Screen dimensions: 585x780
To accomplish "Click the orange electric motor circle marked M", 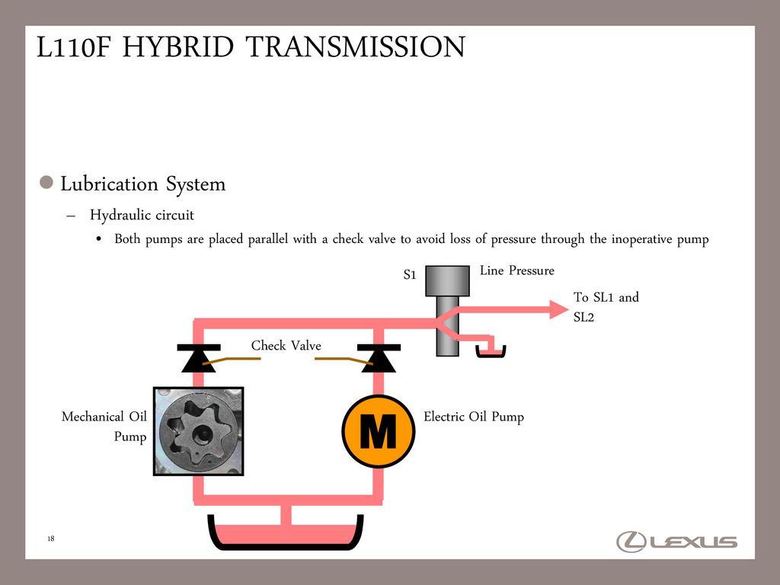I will point(378,432).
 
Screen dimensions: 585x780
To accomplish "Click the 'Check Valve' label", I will point(286,346).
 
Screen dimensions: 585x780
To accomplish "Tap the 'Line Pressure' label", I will point(517,270).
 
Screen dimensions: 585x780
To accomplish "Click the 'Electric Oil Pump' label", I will point(473,417).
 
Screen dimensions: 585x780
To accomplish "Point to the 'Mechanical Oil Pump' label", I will point(104,427).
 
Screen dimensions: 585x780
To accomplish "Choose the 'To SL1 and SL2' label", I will point(606,307).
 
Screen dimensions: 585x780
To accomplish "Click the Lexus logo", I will point(676,542).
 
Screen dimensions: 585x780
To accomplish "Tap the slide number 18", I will point(51,539).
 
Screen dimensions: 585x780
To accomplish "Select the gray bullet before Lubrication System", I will point(46,184).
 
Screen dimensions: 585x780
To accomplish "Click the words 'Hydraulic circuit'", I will point(142,216).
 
